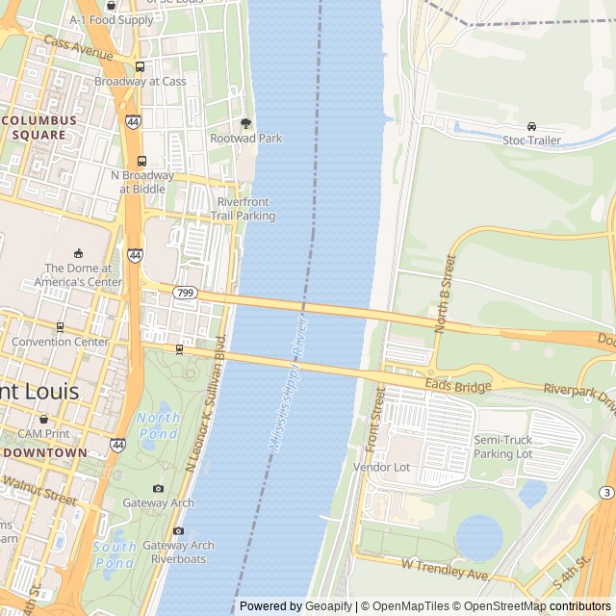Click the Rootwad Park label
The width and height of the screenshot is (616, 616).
point(245,139)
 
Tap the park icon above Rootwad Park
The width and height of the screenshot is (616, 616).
point(245,123)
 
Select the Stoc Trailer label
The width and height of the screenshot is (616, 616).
point(531,140)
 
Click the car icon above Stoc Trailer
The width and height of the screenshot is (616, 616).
point(531,126)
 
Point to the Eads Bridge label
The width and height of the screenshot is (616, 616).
point(465,386)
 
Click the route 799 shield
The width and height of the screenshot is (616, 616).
point(185,292)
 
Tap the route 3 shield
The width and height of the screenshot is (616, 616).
point(605,493)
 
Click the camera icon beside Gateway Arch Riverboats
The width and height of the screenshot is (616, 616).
point(178,530)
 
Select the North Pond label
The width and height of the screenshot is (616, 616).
point(158,424)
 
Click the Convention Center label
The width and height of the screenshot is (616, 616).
point(60,342)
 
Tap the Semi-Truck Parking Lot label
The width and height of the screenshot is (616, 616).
point(502,447)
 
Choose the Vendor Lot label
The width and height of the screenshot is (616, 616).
point(381,467)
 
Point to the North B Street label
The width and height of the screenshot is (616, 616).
point(444,294)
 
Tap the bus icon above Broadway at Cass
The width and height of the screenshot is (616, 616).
point(141,67)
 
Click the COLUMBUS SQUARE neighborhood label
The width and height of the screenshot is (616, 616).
point(39,127)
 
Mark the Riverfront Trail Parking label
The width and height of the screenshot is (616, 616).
point(245,209)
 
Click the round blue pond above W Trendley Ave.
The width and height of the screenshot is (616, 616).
point(478,536)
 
